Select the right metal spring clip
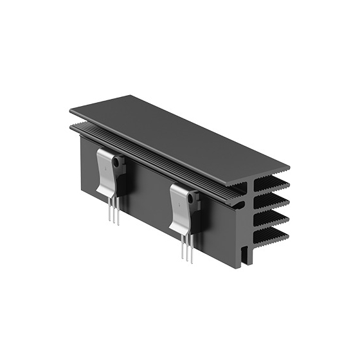click(x=181, y=206)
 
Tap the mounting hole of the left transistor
click(x=116, y=163)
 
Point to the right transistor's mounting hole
click(x=191, y=198)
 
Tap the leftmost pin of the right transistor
click(x=183, y=248)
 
